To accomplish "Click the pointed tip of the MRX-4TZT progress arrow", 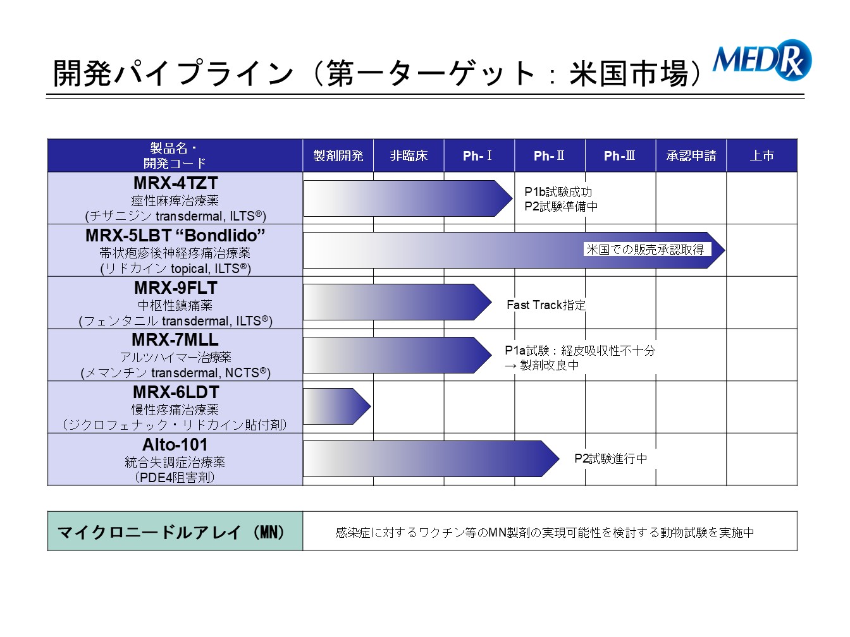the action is [x=512, y=198].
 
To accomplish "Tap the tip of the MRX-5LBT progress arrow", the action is [x=725, y=250].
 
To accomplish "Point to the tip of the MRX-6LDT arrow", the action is [x=371, y=406].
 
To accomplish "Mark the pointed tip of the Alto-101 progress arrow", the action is [x=559, y=459].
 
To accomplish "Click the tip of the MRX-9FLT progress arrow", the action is [x=491, y=302].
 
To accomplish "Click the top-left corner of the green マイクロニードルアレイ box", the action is [x=47, y=511].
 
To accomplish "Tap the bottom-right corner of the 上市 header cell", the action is [x=797, y=172].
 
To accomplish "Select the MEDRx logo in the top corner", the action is [x=761, y=60].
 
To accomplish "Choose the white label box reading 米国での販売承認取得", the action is [x=647, y=250].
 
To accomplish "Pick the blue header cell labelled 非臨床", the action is [x=409, y=155].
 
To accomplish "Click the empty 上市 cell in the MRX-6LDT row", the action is [x=761, y=407].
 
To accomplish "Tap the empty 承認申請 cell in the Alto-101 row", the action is [x=691, y=459].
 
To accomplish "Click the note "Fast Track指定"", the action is [x=546, y=305].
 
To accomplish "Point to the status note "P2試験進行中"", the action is [x=611, y=459].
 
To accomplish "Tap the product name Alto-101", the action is [x=175, y=445].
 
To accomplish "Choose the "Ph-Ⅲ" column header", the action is [x=620, y=155].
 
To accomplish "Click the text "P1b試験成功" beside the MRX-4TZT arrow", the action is [x=558, y=192].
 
